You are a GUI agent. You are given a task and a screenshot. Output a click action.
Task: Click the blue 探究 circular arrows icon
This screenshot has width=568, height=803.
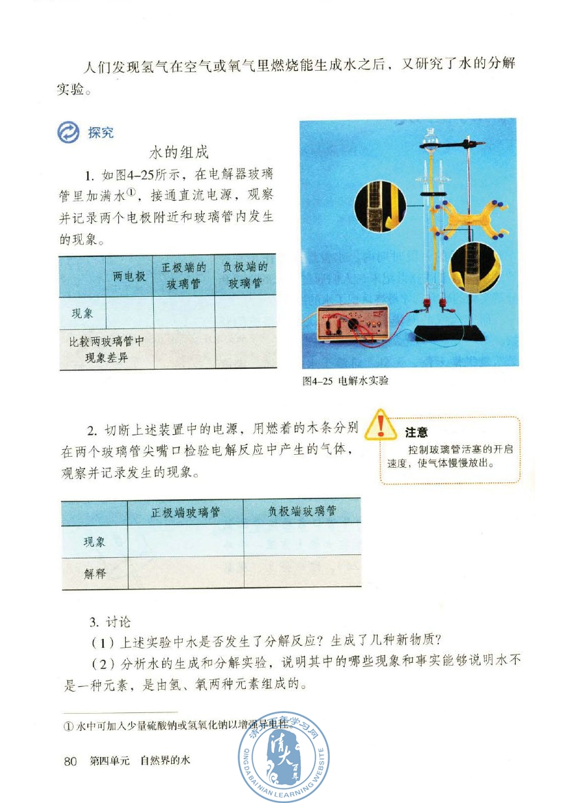pyautogui.click(x=70, y=133)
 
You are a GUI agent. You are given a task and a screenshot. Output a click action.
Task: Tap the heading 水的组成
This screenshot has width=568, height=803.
pyautogui.click(x=179, y=152)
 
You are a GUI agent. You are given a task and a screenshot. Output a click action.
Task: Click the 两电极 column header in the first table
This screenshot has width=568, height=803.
pyautogui.click(x=129, y=276)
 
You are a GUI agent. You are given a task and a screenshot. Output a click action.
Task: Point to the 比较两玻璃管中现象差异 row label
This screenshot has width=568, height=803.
pyautogui.click(x=106, y=348)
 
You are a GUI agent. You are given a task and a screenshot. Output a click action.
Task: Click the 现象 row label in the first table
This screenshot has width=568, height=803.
pyautogui.click(x=82, y=313)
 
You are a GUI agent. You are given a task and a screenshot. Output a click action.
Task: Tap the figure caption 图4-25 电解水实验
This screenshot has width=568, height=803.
pyautogui.click(x=345, y=381)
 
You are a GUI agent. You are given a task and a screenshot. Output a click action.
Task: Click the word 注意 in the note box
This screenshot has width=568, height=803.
pyautogui.click(x=416, y=432)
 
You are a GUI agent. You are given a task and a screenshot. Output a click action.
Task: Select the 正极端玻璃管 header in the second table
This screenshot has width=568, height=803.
pyautogui.click(x=185, y=512)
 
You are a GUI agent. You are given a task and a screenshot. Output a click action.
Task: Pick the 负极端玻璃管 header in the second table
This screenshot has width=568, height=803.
pyautogui.click(x=302, y=512)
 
